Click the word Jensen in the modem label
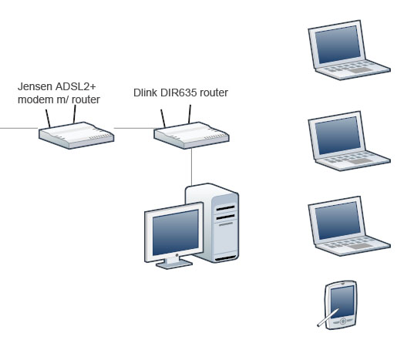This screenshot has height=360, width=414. click(x=35, y=86)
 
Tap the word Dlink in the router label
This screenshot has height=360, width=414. click(x=145, y=93)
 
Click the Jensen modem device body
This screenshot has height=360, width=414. click(x=76, y=136)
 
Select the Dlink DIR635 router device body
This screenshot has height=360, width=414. click(x=191, y=136)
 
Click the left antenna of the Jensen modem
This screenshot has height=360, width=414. click(x=48, y=119)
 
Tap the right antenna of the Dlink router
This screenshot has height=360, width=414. click(x=190, y=114)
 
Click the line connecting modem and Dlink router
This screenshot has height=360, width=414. click(x=134, y=128)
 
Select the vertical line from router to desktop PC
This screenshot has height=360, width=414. click(x=191, y=167)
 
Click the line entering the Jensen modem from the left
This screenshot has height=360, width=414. click(x=19, y=128)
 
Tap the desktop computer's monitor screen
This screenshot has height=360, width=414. click(x=175, y=233)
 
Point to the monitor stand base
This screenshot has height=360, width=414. click(x=174, y=264)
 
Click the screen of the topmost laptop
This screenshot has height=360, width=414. click(x=338, y=45)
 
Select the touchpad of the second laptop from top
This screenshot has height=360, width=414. click(x=361, y=161)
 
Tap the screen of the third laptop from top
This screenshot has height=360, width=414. click(x=338, y=220)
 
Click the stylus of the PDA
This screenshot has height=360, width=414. click(x=328, y=318)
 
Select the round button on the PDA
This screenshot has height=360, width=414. click(x=343, y=321)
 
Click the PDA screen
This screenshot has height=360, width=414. click(x=342, y=301)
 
